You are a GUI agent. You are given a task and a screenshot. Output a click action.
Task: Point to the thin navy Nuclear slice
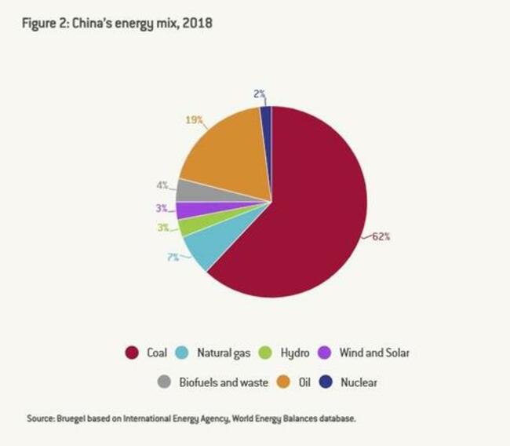tap(266, 115)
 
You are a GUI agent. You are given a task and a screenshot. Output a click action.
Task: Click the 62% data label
tap(380, 236)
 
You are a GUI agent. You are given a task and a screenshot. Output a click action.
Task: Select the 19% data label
tap(195, 120)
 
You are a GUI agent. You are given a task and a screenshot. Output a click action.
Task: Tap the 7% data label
tap(172, 257)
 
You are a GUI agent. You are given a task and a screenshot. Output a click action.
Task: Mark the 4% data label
tap(162, 186)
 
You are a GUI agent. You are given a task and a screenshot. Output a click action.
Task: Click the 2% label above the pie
tap(260, 93)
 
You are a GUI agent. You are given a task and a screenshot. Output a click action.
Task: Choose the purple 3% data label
tap(162, 208)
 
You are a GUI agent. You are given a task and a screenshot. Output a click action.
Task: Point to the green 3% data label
tap(162, 228)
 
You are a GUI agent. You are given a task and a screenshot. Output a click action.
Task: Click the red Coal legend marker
tap(132, 353)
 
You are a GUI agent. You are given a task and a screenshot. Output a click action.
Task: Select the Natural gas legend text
tap(224, 353)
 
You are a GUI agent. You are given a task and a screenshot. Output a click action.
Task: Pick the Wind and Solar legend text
tap(374, 353)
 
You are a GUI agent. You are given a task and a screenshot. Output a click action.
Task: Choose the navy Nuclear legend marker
tap(325, 382)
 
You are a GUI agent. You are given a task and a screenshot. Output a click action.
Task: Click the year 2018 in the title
tap(198, 24)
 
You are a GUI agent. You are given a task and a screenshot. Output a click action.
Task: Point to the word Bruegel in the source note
tap(73, 419)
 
